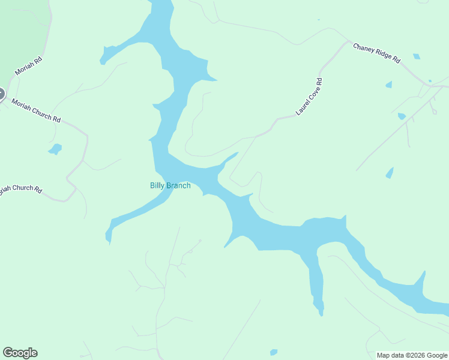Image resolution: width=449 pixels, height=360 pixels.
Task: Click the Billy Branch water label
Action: (x=170, y=185)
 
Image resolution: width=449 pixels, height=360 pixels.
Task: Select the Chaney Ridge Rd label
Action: (x=376, y=53)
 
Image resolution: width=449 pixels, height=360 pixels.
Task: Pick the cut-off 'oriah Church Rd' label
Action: (x=20, y=190)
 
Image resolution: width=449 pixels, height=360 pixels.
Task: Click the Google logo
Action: (x=20, y=353)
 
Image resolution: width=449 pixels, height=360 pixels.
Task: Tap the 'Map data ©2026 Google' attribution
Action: (x=412, y=355)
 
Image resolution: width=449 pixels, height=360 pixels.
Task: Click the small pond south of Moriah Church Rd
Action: (x=55, y=148)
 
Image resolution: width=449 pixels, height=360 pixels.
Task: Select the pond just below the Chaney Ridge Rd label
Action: (x=416, y=57)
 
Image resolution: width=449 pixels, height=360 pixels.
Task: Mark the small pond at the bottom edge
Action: (x=274, y=352)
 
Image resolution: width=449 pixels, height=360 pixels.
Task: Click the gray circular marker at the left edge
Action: (x=1, y=94)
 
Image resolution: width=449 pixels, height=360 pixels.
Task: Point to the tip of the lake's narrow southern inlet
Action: (x=321, y=313)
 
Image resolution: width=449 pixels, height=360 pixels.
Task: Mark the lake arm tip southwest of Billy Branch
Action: (x=109, y=239)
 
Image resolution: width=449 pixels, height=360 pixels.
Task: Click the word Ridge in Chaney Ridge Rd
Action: (x=379, y=55)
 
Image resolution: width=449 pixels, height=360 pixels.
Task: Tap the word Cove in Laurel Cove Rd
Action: (x=310, y=95)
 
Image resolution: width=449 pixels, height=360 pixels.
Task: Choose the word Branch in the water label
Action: (x=179, y=185)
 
